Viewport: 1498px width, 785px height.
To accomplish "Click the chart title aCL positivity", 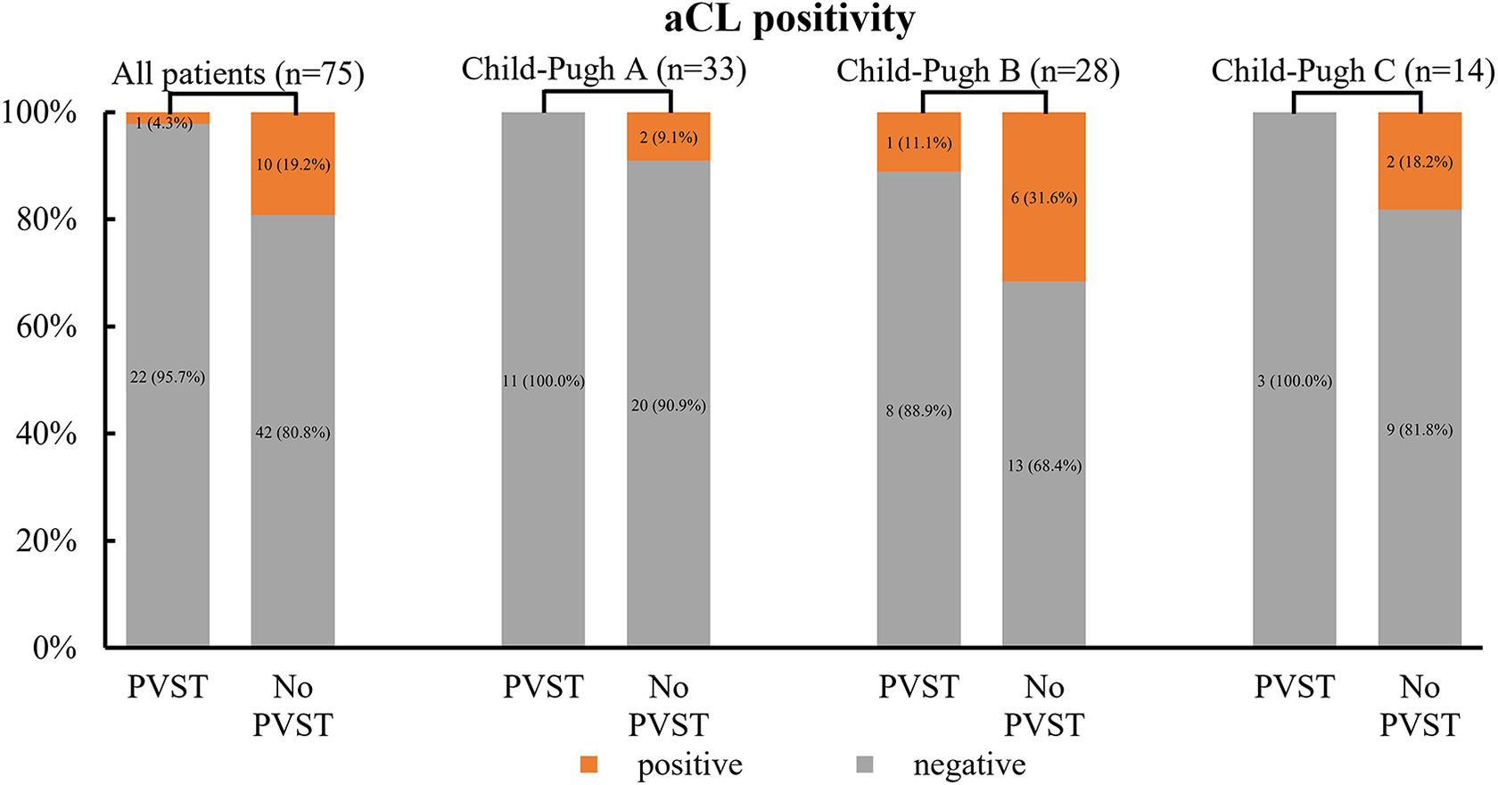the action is coord(789,20).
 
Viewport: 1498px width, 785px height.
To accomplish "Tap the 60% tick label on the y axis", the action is coord(45,327).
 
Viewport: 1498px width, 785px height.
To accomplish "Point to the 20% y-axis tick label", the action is coord(45,541).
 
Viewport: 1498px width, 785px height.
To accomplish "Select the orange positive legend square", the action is coord(588,764).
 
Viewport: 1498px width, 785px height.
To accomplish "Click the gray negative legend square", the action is coord(865,764).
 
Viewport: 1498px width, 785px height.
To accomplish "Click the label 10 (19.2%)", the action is coord(292,165).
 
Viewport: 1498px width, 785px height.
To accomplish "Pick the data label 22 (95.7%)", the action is coord(168,377).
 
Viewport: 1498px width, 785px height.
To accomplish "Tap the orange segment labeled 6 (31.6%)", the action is coord(1044,197).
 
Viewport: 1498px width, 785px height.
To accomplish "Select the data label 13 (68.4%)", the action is coord(1044,466).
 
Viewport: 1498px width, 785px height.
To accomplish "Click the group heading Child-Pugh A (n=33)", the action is coord(604,70).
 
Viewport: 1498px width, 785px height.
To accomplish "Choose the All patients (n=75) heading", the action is coord(238,74).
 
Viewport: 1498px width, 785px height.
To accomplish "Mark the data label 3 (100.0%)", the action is coord(1295,382).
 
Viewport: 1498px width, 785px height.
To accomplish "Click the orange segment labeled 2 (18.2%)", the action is coord(1420,161).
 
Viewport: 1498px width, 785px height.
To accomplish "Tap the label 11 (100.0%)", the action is coord(543,382).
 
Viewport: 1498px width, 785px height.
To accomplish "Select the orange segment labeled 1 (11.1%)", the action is coord(918,142).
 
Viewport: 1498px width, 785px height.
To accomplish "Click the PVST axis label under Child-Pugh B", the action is coord(918,687).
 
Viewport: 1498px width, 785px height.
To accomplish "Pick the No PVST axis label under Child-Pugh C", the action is coord(1420,706).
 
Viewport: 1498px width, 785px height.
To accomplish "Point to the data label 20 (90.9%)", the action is coord(668,406).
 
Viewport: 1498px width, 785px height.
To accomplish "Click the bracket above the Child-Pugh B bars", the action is coord(984,94).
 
